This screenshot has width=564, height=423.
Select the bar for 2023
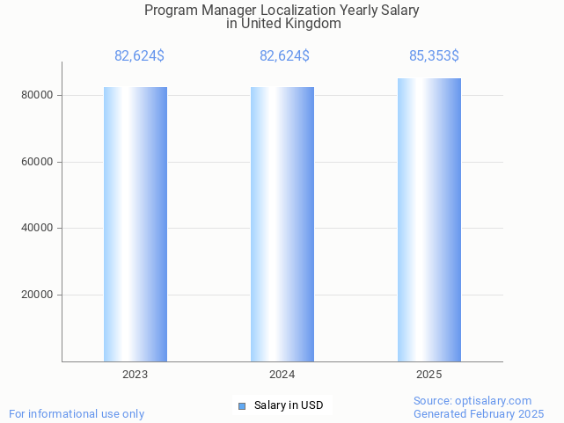(x=136, y=224)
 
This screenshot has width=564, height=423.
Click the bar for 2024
(x=282, y=224)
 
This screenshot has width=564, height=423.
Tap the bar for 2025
(x=429, y=220)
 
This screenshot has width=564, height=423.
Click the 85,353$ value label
(x=434, y=56)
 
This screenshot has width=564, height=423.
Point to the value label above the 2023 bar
(x=139, y=56)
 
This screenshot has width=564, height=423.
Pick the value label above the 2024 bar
(x=284, y=56)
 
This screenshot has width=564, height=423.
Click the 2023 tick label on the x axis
(x=136, y=375)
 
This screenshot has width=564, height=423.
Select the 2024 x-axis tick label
(x=282, y=375)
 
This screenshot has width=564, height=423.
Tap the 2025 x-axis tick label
(x=429, y=375)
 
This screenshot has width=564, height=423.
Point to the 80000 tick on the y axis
(x=38, y=95)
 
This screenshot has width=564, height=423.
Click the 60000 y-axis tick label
(x=38, y=162)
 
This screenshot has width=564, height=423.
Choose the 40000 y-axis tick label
(x=38, y=229)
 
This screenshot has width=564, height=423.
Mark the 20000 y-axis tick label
(x=38, y=295)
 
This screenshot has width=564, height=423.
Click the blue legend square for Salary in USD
(x=242, y=405)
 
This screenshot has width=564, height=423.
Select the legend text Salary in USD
(x=289, y=405)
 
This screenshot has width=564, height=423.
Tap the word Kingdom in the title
(x=313, y=24)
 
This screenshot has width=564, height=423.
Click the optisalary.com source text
(x=472, y=401)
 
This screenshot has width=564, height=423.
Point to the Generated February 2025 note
(x=479, y=414)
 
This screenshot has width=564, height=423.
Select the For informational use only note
(x=77, y=414)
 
